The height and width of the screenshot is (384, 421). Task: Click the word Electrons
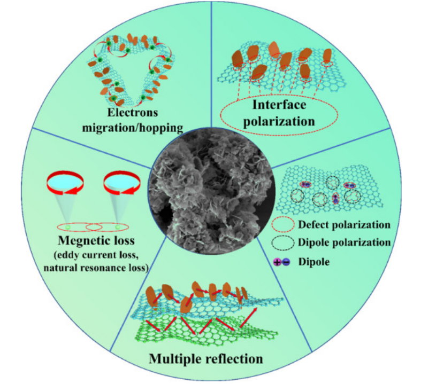coord(132,113)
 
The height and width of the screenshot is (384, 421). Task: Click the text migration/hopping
coord(133,128)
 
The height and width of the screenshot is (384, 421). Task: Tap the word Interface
coord(279,105)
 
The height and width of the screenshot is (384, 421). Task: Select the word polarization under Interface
coord(279,121)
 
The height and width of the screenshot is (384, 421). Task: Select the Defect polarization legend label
coord(344,225)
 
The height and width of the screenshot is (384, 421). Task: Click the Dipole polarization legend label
coord(344,242)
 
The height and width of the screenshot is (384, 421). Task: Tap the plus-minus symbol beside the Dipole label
coord(282,262)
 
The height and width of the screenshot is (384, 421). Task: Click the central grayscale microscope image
coord(212,191)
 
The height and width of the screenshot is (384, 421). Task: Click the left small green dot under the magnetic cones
coord(67,227)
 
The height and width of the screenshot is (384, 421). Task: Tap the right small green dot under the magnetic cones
coord(118,227)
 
